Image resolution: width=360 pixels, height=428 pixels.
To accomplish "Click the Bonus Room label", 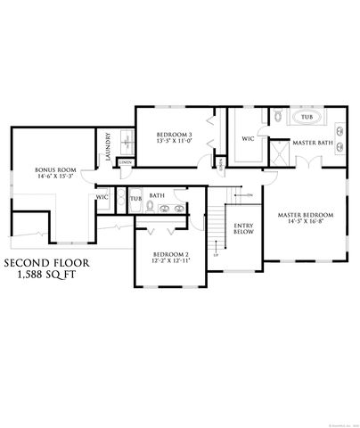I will [x=53, y=169].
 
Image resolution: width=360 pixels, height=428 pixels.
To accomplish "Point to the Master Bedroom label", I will [x=305, y=215].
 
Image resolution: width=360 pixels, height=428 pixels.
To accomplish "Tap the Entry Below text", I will [x=243, y=228].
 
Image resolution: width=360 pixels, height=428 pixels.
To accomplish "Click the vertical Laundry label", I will [x=108, y=145].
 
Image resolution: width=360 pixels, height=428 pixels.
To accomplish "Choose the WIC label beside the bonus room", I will [x=102, y=195].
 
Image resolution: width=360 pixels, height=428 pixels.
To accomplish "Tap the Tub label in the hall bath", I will [x=135, y=197].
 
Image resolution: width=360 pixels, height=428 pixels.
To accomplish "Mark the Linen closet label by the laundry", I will [x=126, y=162].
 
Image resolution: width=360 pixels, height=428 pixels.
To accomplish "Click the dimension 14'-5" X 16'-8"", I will [x=305, y=222].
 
